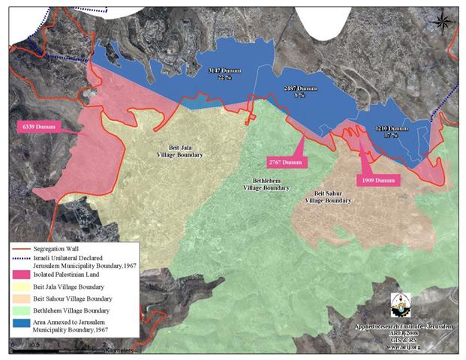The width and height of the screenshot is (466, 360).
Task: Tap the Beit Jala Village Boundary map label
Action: (x=180, y=151)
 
